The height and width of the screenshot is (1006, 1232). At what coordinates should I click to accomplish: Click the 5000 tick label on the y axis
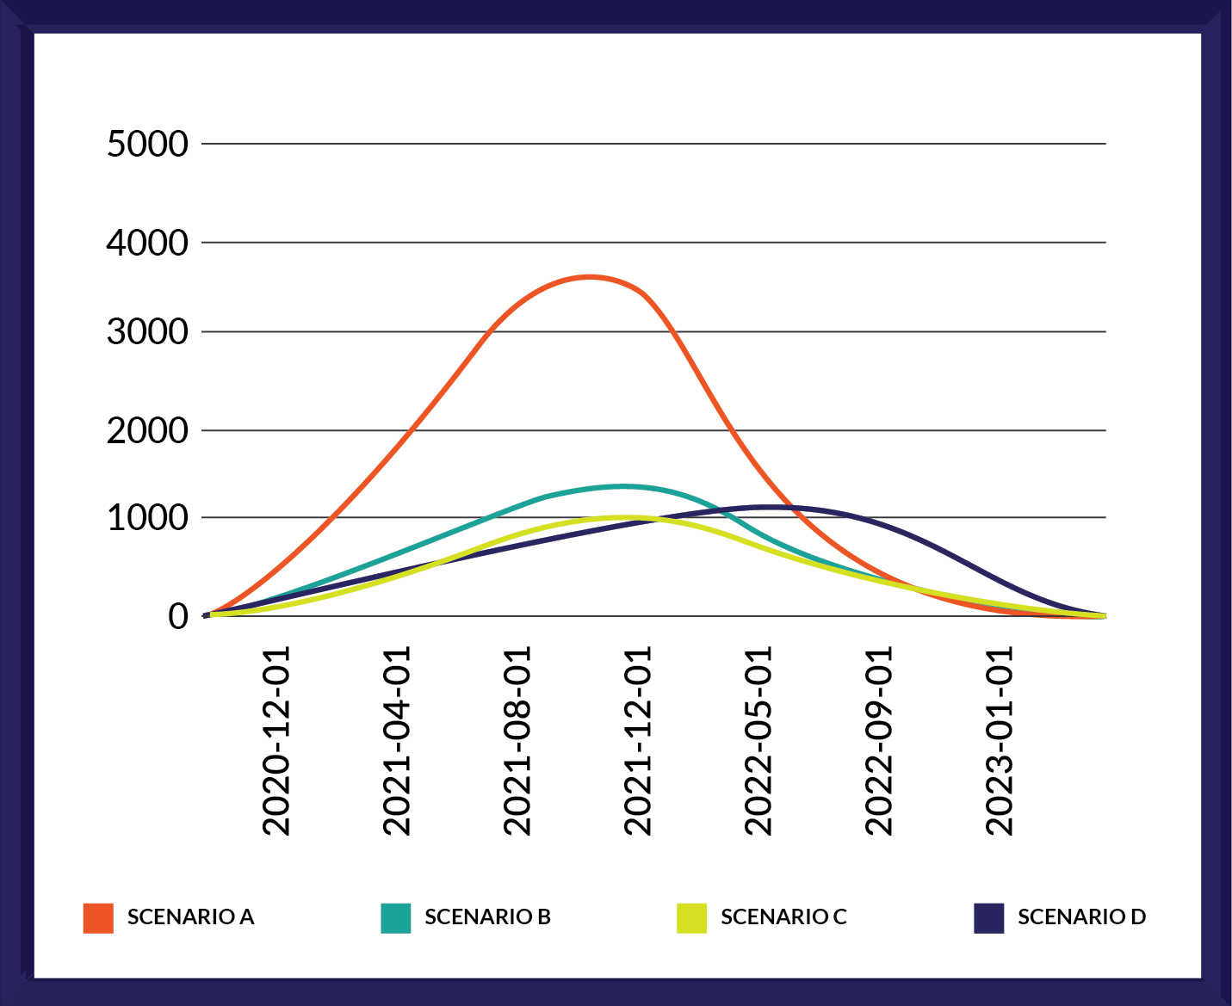point(147,144)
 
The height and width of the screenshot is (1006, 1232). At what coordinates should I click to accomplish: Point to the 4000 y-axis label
point(147,243)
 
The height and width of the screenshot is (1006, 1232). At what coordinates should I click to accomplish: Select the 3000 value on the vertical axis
point(147,331)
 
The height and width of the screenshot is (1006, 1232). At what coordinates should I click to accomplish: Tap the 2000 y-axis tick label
point(147,430)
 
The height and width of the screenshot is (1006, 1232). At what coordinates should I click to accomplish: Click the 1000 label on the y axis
point(147,518)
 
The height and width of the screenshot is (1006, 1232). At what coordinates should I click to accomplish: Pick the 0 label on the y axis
point(177,616)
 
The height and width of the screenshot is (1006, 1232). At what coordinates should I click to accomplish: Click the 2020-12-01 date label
point(276,741)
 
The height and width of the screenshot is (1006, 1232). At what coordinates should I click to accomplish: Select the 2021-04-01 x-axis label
point(397,741)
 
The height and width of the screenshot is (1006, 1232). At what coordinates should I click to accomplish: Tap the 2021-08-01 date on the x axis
point(517,741)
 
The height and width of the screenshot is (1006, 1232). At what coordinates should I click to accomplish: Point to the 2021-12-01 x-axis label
point(638,741)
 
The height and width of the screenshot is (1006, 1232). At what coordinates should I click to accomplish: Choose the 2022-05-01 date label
point(758,741)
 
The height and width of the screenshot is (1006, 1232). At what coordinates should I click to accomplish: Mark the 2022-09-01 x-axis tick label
point(879,741)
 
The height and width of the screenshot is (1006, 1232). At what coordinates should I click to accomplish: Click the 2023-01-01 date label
point(1000,741)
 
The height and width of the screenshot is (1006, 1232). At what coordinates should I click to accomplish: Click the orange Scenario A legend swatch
point(98,918)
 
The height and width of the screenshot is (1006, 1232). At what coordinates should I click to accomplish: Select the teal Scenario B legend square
point(395,918)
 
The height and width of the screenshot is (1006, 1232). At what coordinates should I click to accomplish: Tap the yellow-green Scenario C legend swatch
point(691,918)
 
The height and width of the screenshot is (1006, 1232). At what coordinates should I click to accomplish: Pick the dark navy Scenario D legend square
point(988,918)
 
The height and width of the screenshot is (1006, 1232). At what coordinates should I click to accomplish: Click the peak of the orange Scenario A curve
point(590,276)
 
